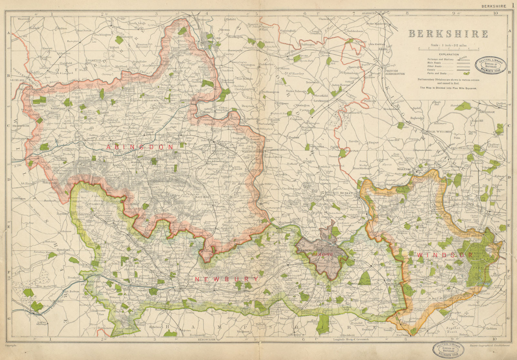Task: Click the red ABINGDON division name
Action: [x=140, y=147]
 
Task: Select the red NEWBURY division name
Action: [x=227, y=279]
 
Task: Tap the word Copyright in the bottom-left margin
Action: [x=11, y=345]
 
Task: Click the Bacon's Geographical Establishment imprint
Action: [x=488, y=345]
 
